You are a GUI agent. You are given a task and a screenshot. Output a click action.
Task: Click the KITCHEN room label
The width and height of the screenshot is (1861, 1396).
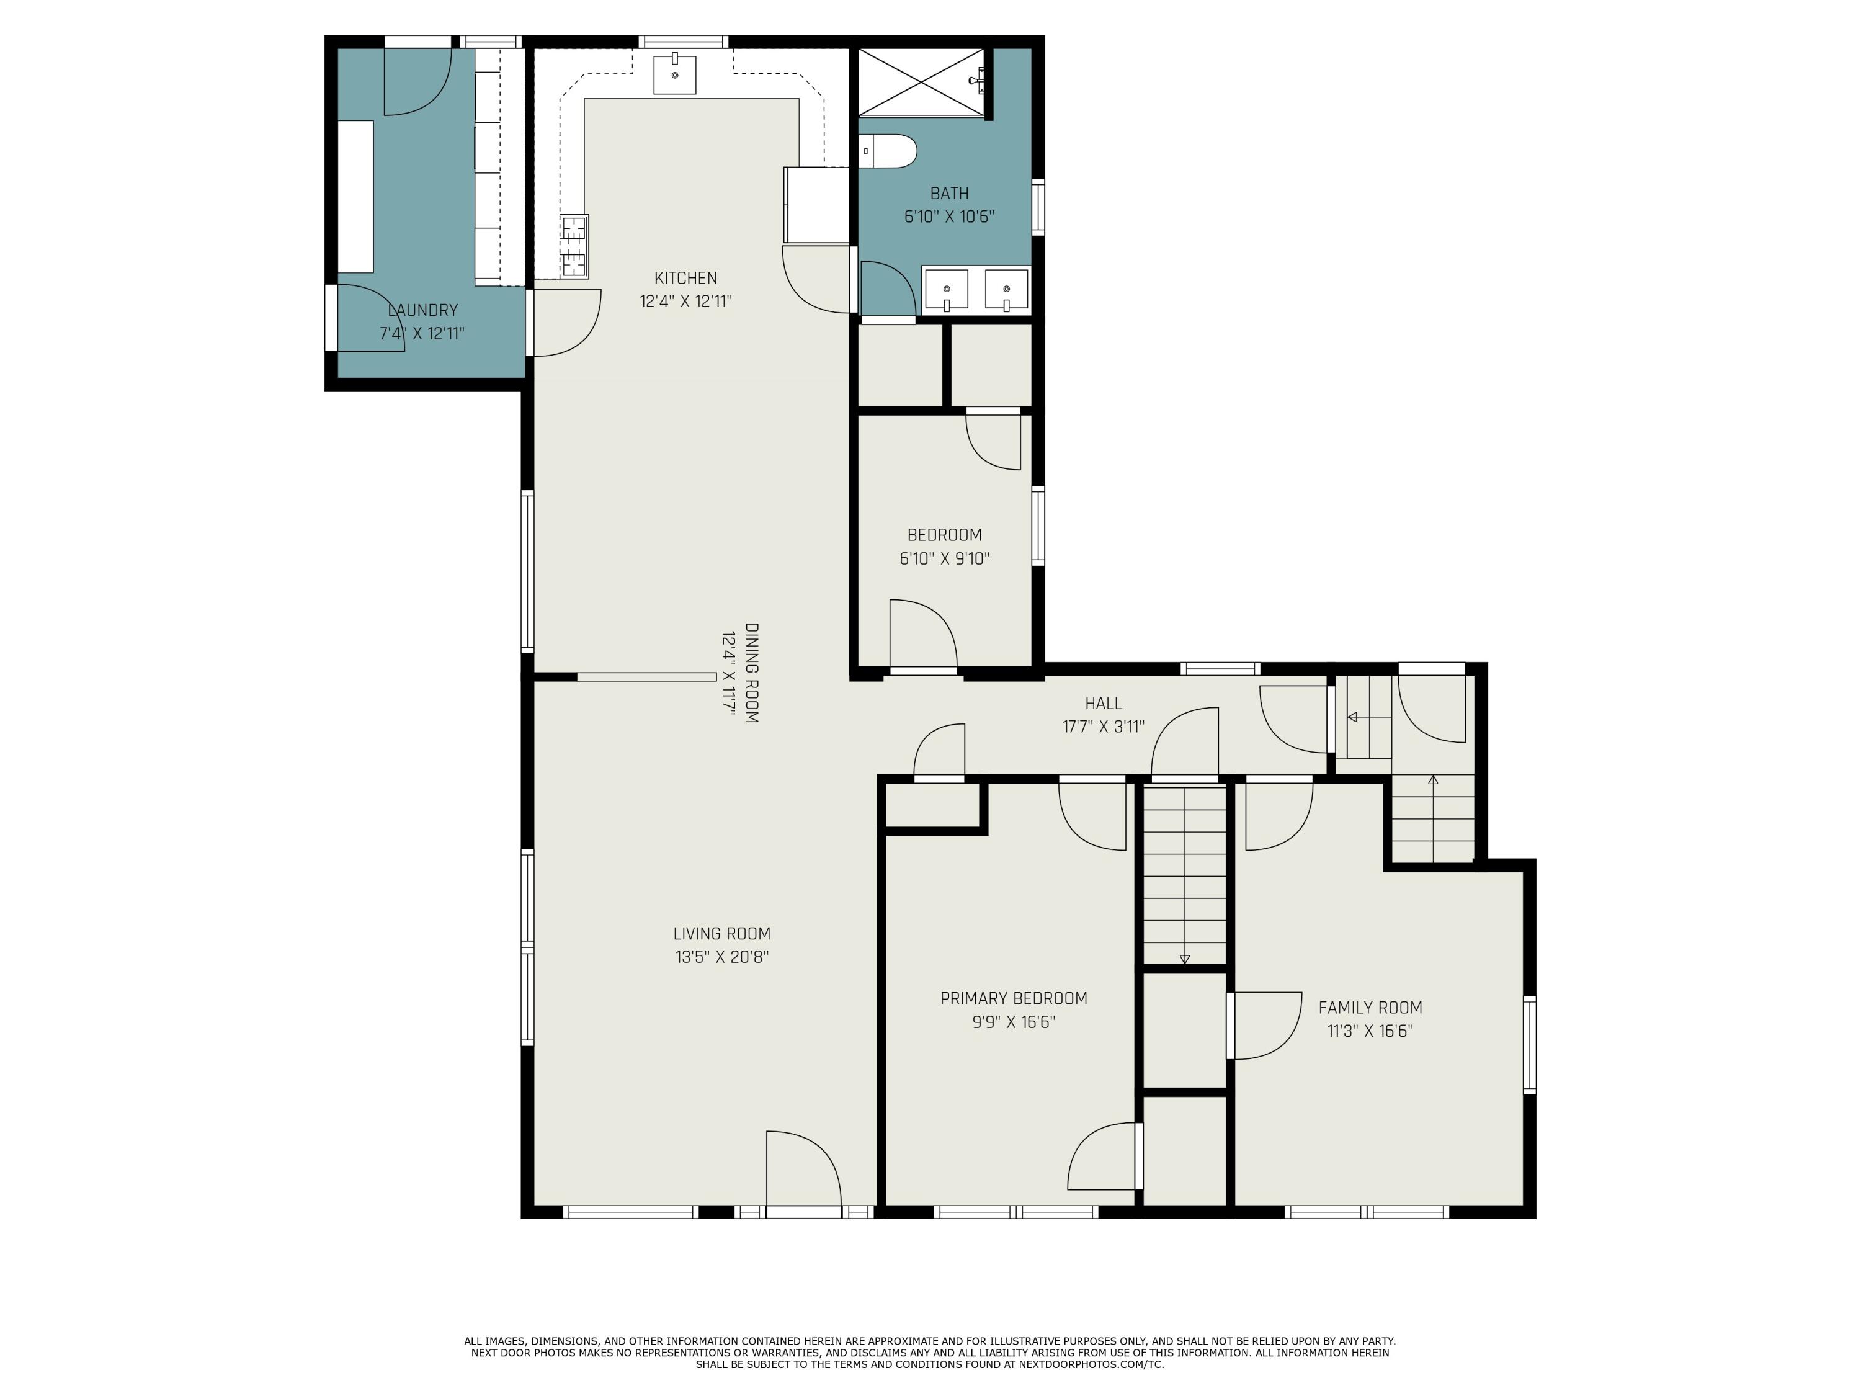685,278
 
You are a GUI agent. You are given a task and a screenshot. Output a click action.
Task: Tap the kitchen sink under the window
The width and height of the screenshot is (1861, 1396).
675,74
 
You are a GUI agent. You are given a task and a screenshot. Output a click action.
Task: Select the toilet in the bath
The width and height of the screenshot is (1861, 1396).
890,151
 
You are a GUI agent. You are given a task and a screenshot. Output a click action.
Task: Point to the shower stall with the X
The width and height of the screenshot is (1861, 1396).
921,83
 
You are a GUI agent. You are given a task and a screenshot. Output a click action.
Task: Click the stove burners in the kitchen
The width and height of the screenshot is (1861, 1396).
574,246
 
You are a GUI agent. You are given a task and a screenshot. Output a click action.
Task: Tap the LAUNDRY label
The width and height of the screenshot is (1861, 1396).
422,310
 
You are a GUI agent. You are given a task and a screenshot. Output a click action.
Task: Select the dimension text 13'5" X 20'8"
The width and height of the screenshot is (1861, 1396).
722,957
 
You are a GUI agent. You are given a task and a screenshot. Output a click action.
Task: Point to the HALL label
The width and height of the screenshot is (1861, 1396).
1103,702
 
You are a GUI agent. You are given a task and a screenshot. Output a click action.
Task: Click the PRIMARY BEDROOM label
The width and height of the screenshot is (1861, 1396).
1013,998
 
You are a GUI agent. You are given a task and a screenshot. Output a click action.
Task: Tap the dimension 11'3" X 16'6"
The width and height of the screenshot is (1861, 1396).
1370,1031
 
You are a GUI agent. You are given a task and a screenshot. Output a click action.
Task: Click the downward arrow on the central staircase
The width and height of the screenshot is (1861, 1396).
1185,959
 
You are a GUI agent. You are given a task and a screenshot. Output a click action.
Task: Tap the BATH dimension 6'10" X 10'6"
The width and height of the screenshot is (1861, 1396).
949,217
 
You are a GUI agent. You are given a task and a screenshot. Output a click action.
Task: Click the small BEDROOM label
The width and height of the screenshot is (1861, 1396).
944,534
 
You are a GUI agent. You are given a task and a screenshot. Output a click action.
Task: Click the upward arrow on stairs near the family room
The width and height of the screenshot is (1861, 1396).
1433,780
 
